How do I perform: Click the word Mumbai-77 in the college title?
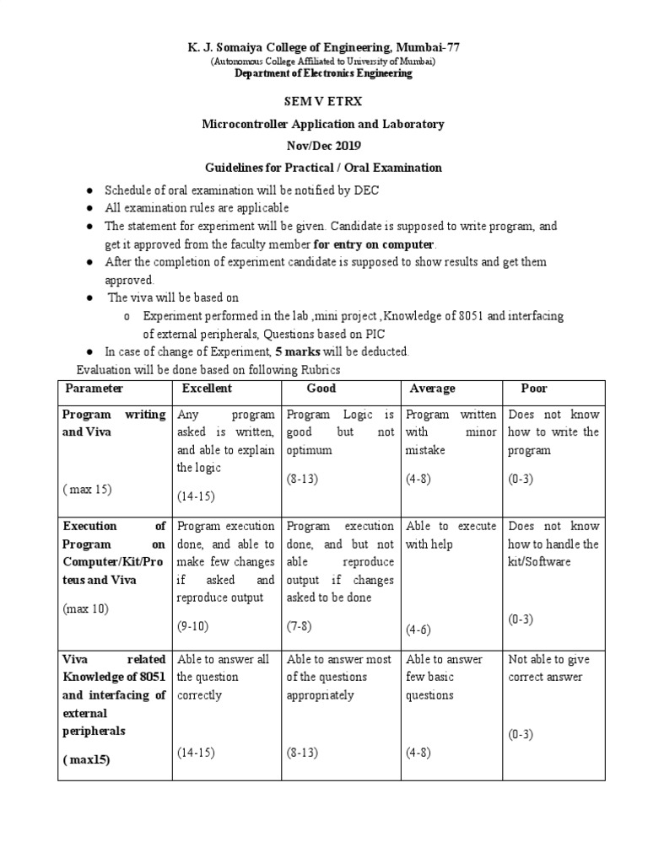[x=427, y=47]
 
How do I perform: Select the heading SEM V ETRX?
[x=322, y=102]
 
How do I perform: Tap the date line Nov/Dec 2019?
[x=322, y=146]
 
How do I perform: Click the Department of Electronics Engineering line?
[x=323, y=73]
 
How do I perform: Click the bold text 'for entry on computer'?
[x=374, y=244]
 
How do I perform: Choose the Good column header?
[x=321, y=389]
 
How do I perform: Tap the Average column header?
[x=432, y=389]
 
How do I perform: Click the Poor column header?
[x=534, y=389]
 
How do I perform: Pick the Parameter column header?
[x=94, y=389]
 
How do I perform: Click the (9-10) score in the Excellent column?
[x=193, y=626]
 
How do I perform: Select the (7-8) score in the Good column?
[x=302, y=626]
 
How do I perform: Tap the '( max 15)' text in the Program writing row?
[x=87, y=489]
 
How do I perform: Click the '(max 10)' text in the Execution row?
[x=85, y=608]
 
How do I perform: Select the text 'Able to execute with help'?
[x=451, y=535]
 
